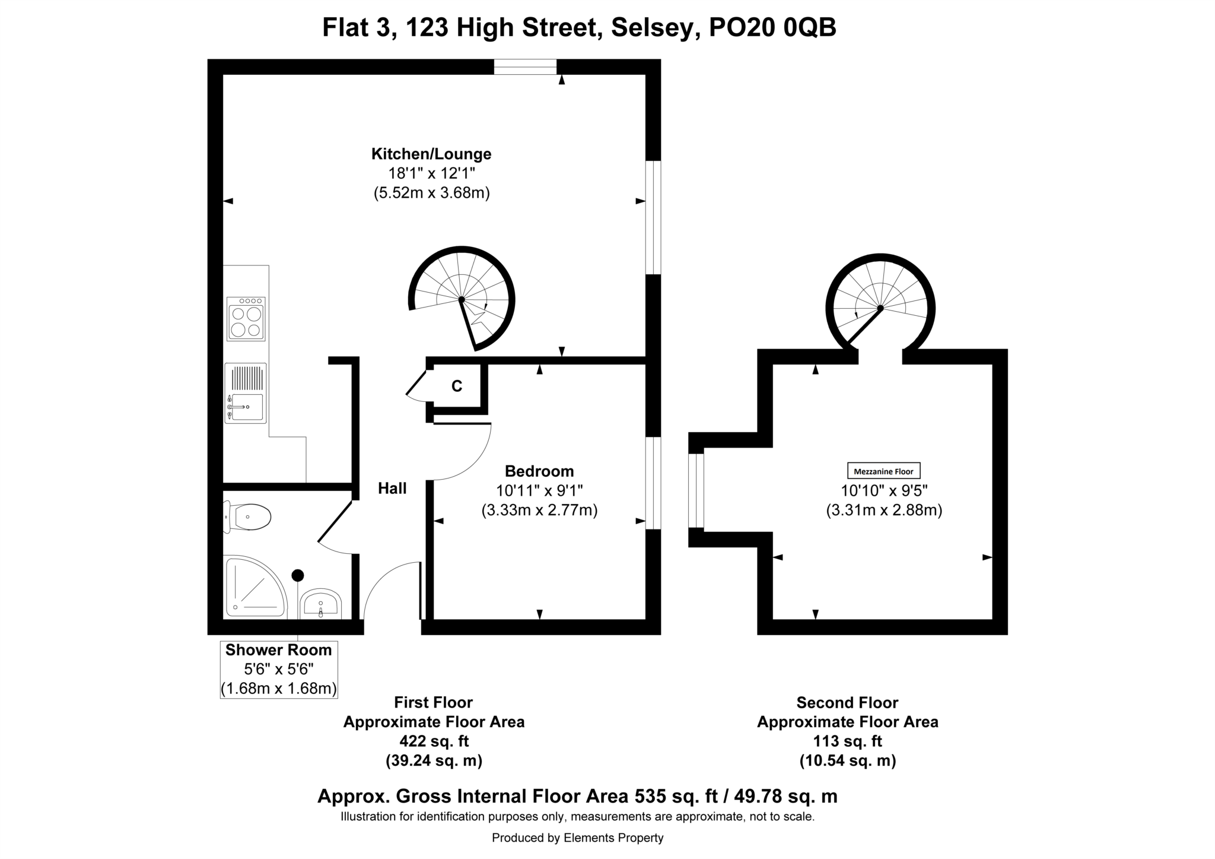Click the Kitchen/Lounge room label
431,154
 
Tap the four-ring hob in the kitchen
246,319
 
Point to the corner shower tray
253,587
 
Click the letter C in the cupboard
457,386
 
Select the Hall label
392,489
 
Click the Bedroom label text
539,471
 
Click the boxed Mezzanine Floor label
883,471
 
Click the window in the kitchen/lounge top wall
525,67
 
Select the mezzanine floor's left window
696,490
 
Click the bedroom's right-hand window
653,483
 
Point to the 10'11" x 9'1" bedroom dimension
539,491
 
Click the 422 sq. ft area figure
434,741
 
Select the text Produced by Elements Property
577,838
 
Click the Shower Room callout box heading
278,650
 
